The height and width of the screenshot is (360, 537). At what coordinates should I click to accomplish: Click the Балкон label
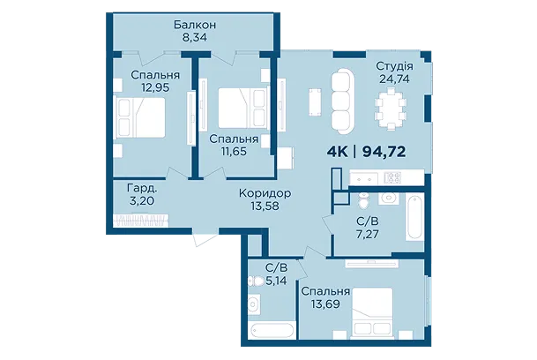(x=195, y=25)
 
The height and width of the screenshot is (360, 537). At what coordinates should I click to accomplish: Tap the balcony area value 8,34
(x=195, y=37)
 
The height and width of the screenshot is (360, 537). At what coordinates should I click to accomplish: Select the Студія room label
(x=394, y=66)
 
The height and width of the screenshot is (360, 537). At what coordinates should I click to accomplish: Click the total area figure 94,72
(x=384, y=151)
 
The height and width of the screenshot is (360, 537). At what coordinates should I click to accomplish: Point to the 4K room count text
(x=338, y=151)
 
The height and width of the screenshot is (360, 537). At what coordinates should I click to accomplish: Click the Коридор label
(x=265, y=193)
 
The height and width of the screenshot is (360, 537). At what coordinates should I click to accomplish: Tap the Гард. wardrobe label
(x=142, y=188)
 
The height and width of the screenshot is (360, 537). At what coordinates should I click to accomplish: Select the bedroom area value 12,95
(x=155, y=87)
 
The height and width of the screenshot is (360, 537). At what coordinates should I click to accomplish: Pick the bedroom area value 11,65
(x=234, y=151)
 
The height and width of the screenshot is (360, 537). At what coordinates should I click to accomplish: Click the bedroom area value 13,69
(x=325, y=304)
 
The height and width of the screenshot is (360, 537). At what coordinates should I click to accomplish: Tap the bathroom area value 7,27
(x=367, y=234)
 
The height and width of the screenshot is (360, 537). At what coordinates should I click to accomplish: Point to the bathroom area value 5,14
(x=276, y=281)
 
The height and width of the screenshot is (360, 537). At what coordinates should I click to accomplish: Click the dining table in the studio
(x=391, y=109)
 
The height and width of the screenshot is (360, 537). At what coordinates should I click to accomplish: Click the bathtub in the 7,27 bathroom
(x=414, y=217)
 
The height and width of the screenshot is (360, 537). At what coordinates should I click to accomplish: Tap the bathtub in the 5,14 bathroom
(x=272, y=331)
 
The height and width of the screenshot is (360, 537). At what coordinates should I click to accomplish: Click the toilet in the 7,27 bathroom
(x=362, y=199)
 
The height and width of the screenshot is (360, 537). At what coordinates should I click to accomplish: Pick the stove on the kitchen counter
(x=392, y=177)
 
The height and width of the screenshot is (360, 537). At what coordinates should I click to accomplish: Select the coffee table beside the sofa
(x=315, y=102)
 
